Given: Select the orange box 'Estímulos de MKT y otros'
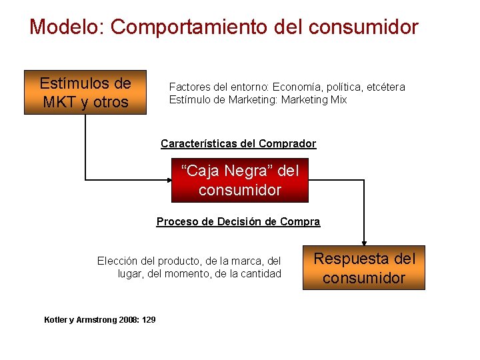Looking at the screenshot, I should tap(85, 93).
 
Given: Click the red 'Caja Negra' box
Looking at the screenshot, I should tap(240, 181).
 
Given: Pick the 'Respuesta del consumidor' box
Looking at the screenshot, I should tap(364, 268).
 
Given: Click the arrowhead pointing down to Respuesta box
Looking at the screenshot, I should tap(364, 243).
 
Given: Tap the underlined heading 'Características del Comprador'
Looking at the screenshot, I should tap(238, 143).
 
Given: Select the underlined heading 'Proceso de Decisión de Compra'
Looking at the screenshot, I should tap(238, 221).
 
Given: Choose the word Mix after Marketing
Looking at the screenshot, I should tap(338, 99).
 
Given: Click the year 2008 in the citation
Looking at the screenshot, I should tap(127, 320).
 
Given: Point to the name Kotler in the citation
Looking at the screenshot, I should tap(55, 320).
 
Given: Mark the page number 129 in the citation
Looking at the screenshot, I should tap(149, 320).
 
